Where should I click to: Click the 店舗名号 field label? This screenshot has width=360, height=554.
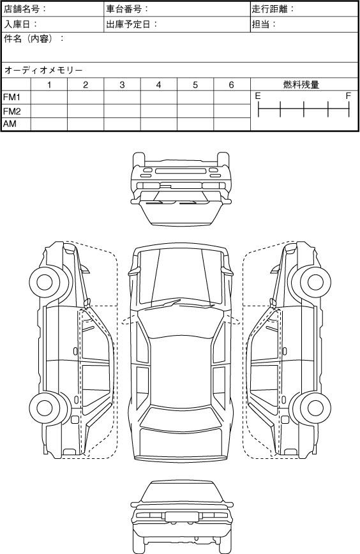click(x=22, y=9)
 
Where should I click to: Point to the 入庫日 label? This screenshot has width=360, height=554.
click(x=17, y=24)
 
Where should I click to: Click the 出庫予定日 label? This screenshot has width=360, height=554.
click(x=129, y=24)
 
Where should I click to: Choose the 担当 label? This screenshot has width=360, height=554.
click(x=260, y=24)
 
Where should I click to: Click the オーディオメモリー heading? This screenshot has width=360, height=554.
click(x=43, y=70)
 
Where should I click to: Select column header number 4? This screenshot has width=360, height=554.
click(x=159, y=85)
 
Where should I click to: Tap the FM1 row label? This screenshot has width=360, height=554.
click(x=12, y=97)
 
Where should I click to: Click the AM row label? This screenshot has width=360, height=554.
click(x=10, y=124)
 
